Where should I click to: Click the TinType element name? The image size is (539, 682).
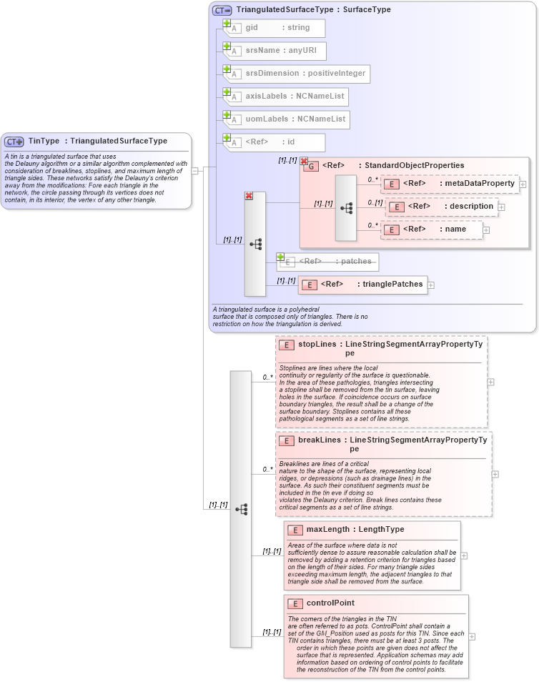coord(44,141)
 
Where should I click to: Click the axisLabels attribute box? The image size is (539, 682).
coord(285,97)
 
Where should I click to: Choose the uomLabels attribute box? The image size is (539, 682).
coord(286,119)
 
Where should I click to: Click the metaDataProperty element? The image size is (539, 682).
coord(450,184)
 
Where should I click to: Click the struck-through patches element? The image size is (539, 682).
coord(328,262)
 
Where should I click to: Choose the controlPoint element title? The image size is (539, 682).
coord(330,603)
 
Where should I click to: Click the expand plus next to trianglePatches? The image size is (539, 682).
coord(431,285)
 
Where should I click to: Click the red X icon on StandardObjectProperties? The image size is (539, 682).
coord(304,162)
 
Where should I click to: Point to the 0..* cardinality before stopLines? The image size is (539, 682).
coord(268,377)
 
